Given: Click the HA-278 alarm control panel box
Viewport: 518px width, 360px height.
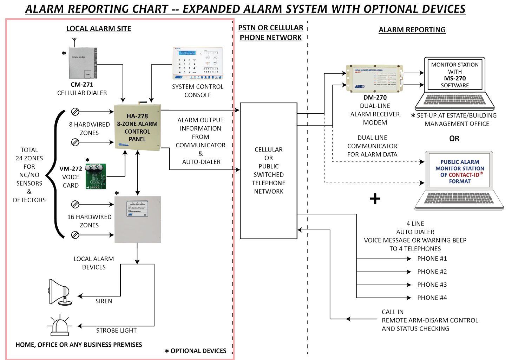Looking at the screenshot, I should (x=137, y=127).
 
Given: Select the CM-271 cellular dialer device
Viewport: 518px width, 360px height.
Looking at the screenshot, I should (x=83, y=63).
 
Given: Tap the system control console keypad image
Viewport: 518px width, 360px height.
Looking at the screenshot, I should (x=198, y=64).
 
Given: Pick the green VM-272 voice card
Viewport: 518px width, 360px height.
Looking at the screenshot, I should (x=96, y=176).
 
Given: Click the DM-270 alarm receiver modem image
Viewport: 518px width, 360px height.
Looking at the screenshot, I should (x=374, y=78).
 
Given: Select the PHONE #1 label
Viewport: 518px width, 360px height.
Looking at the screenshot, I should (x=432, y=259).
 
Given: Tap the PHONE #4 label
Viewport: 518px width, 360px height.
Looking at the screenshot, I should (x=432, y=298).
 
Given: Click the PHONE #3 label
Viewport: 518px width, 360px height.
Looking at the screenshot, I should (x=432, y=285).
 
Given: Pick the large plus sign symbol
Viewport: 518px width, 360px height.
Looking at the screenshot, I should (x=375, y=199).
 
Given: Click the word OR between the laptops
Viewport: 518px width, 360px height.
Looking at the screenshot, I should (x=454, y=139).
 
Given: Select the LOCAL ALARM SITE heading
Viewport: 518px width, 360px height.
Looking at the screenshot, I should (x=99, y=29).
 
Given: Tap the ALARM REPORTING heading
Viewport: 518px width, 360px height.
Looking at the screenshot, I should (x=412, y=30).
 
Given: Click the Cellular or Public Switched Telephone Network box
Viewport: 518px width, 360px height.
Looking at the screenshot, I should (x=269, y=171).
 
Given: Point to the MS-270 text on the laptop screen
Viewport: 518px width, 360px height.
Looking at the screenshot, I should (x=455, y=79).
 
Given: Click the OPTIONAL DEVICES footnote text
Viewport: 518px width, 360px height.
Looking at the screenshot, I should (x=198, y=351).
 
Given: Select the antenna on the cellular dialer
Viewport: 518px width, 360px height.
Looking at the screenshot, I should (x=74, y=41).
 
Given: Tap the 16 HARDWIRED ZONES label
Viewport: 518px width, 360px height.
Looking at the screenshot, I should (x=89, y=221).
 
